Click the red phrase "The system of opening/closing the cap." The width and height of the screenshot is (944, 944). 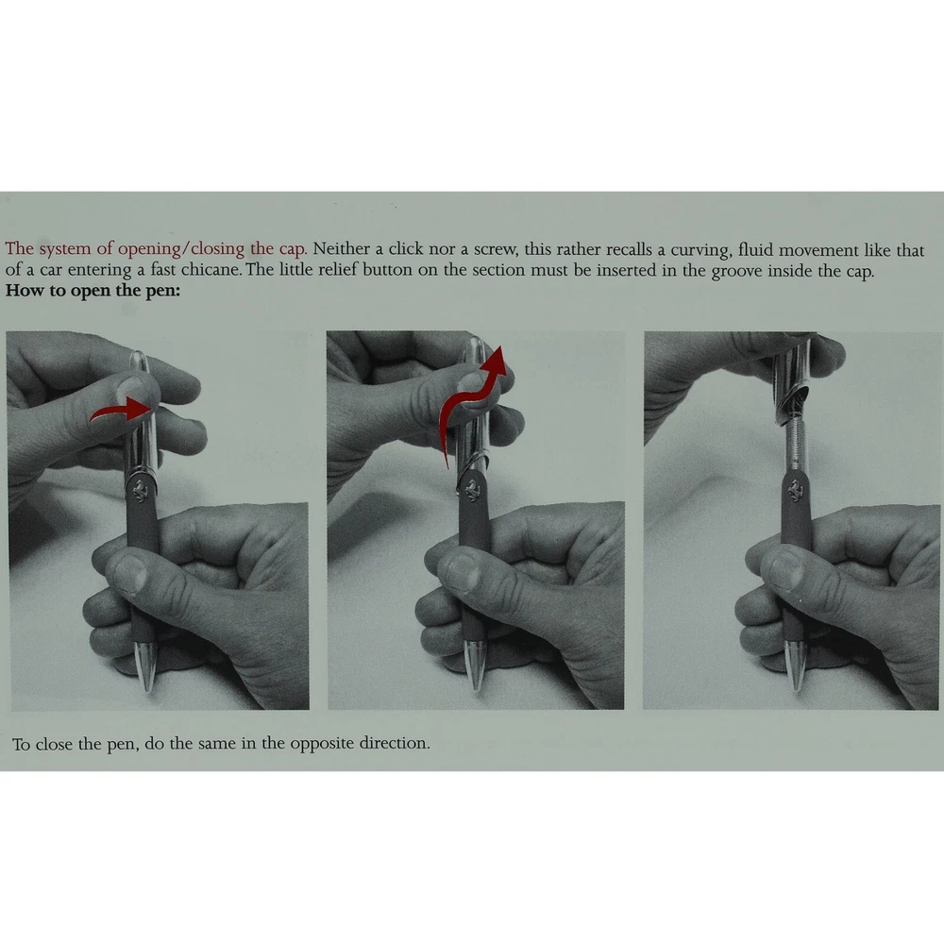[156, 248]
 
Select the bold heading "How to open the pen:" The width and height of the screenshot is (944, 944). [93, 290]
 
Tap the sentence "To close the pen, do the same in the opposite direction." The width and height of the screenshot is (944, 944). [221, 744]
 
